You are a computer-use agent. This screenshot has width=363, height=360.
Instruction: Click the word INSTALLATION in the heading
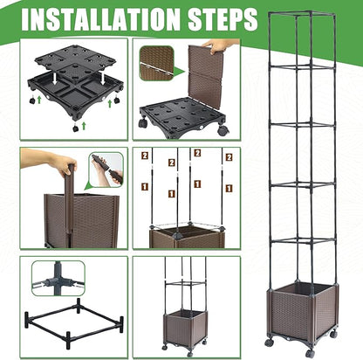(102, 19)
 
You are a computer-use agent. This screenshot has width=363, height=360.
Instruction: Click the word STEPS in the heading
(223, 19)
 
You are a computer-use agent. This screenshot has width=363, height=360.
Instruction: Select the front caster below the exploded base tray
(76, 128)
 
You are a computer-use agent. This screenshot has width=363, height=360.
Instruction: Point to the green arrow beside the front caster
(84, 126)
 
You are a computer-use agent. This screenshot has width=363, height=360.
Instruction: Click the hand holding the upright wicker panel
(217, 46)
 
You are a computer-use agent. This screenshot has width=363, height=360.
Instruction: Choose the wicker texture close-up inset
(157, 63)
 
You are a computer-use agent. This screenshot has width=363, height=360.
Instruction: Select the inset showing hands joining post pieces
(106, 170)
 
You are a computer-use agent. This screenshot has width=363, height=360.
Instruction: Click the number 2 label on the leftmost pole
(145, 156)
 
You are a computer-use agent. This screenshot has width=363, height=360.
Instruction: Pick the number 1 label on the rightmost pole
(229, 188)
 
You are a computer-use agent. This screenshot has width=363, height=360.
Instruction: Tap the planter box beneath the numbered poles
(187, 239)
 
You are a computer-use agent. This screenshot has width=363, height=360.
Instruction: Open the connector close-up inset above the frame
(58, 278)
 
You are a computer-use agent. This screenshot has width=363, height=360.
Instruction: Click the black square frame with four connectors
(74, 322)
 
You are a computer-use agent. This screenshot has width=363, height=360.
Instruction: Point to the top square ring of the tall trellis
(303, 14)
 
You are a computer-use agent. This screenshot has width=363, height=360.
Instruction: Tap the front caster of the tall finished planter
(310, 353)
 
